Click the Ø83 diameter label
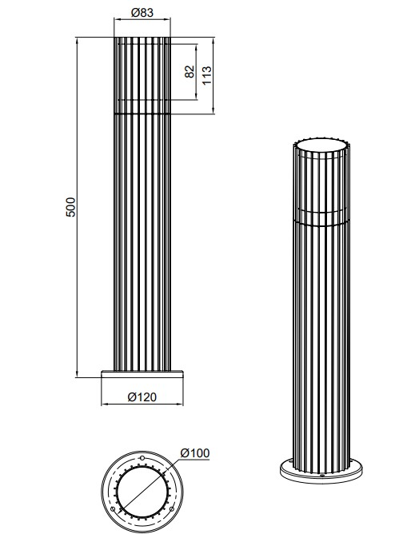tap(142, 13)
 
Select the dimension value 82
tap(189, 72)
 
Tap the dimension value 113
tap(206, 75)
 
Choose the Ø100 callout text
tap(195, 453)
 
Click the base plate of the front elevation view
tap(143, 375)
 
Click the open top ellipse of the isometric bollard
tap(321, 146)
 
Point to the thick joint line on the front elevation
tap(142, 114)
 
